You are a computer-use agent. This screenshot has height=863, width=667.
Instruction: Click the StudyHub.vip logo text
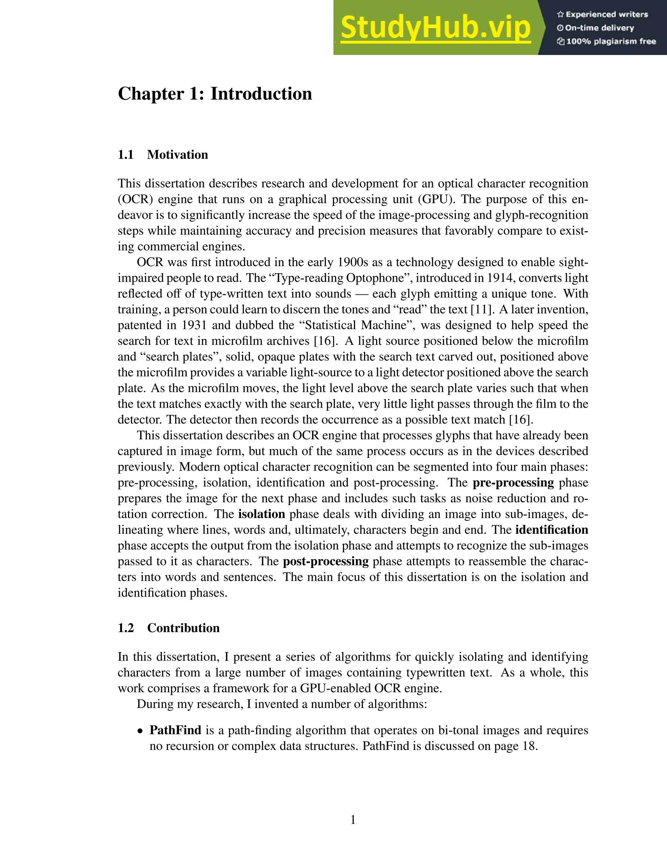pyautogui.click(x=435, y=28)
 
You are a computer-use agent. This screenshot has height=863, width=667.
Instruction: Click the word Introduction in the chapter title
pyautogui.click(x=261, y=94)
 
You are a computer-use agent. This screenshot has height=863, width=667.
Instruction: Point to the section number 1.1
pyautogui.click(x=126, y=154)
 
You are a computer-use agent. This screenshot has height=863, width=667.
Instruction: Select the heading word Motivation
pyautogui.click(x=177, y=154)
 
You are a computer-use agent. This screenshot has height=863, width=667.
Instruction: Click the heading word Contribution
pyautogui.click(x=183, y=628)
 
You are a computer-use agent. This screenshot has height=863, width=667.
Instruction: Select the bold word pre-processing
pyautogui.click(x=513, y=483)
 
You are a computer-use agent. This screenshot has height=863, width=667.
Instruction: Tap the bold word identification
pyautogui.click(x=552, y=530)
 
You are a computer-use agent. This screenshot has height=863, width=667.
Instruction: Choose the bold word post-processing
pyautogui.click(x=326, y=561)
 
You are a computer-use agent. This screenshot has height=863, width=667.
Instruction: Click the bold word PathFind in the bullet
pyautogui.click(x=175, y=730)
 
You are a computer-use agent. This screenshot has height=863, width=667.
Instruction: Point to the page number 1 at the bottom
pyautogui.click(x=353, y=820)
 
